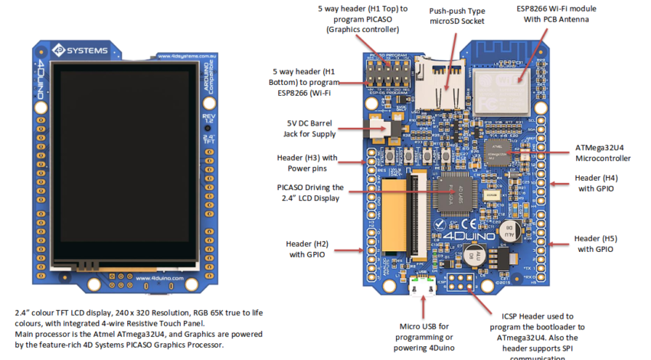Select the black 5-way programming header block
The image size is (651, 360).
(x=388, y=77)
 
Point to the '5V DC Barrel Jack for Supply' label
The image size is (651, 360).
(x=310, y=129)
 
